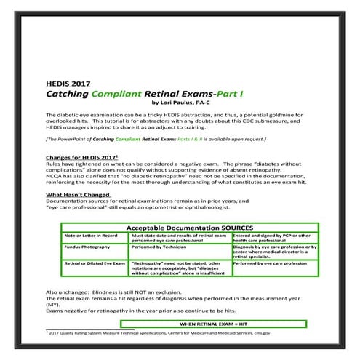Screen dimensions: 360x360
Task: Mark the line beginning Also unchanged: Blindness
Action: click(112, 292)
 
